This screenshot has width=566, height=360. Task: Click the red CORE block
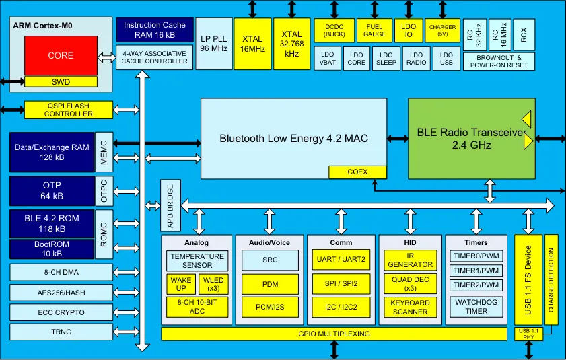[x=61, y=55]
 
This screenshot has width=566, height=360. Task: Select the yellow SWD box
[x=61, y=81]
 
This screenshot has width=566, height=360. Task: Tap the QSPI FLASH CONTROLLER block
[x=69, y=110]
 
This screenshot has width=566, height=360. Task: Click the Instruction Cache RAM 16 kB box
[x=155, y=30]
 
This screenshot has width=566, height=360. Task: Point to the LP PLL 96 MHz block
[x=213, y=44]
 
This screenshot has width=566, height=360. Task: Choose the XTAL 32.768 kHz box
[x=291, y=44]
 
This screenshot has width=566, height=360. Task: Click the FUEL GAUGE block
[x=375, y=30]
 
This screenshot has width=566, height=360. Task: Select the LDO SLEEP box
[x=386, y=58]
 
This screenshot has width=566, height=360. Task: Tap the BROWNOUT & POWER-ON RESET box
[x=499, y=61]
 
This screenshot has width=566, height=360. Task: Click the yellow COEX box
[x=357, y=172]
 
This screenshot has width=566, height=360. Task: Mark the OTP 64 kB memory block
[x=52, y=191]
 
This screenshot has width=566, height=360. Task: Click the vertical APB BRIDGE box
[x=170, y=205]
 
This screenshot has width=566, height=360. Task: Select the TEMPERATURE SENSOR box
[x=197, y=261]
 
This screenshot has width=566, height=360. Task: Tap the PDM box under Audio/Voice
[x=270, y=284]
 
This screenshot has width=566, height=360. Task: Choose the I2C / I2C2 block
[x=341, y=307]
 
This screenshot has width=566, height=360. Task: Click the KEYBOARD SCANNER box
[x=410, y=307]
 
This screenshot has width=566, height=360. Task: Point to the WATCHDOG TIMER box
[x=476, y=307]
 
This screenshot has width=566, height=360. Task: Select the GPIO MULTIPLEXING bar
[x=334, y=334]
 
